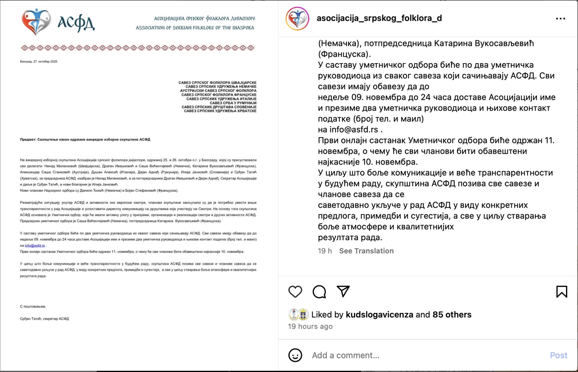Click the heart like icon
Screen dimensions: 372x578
pos(295,292)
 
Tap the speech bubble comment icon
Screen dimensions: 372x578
pos(319,292)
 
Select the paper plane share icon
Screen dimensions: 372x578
pos(343,291)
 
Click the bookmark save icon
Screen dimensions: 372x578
pos(561,292)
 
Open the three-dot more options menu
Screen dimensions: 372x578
pos(560,19)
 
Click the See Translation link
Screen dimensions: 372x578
pos(366,251)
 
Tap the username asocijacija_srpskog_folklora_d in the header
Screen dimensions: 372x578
pos(379,18)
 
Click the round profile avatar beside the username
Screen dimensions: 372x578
pos(297,19)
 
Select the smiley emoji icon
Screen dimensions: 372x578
pos(295,355)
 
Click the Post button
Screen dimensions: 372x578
pos(558,355)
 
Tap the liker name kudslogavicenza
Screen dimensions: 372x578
pos(379,315)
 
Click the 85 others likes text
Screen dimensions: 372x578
pos(452,315)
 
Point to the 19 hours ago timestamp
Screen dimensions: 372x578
pos(310,326)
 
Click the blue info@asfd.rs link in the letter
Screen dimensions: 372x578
pos(35,246)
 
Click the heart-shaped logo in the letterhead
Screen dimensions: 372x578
pos(36,22)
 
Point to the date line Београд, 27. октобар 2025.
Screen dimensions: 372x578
pos(39,61)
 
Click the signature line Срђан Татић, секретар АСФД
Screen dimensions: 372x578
pos(44,319)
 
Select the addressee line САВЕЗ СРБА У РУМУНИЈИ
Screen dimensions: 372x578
pos(233,103)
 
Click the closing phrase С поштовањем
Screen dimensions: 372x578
pos(33,306)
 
